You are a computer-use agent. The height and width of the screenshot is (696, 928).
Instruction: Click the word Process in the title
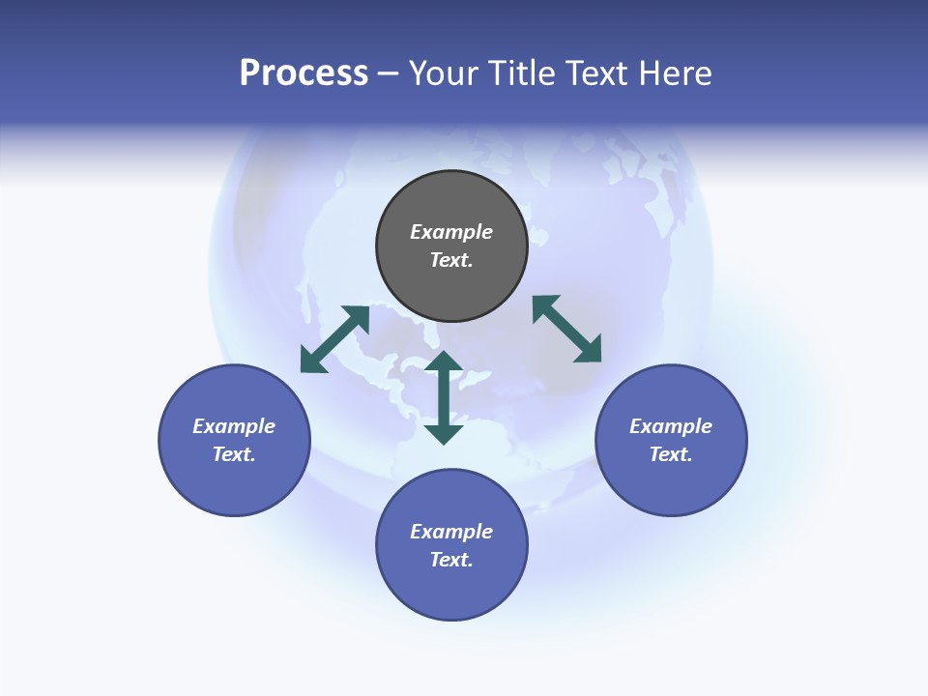click(304, 73)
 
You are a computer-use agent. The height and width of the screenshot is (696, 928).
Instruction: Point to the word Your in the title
click(444, 73)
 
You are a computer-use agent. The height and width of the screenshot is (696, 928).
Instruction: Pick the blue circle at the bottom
click(451, 590)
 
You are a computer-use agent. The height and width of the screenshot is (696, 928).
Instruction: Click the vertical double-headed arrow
click(444, 397)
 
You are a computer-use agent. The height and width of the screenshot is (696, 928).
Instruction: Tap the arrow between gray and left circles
click(334, 339)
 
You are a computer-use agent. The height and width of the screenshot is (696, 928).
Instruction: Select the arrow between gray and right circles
click(566, 329)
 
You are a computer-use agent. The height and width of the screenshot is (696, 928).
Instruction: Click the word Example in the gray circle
click(451, 232)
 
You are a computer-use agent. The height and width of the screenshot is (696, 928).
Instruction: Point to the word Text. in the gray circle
click(451, 260)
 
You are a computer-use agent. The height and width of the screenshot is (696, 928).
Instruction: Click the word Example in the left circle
click(234, 426)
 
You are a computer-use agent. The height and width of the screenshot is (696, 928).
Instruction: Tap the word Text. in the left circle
click(234, 454)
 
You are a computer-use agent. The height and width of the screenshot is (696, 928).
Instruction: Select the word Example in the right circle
click(671, 426)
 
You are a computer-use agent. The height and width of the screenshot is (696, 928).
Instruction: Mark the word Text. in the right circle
click(671, 454)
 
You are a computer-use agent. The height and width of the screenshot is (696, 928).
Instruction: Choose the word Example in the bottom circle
click(451, 532)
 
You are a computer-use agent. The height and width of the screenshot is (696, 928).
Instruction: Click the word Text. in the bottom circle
click(451, 560)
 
